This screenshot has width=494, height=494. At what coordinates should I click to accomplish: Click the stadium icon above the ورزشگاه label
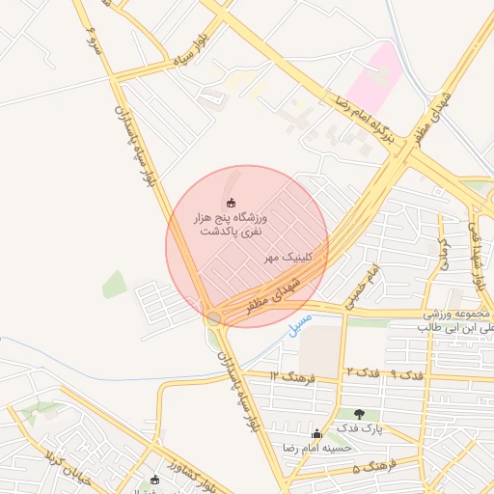pyautogui.click(x=231, y=203)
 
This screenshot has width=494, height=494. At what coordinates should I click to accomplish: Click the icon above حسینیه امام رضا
pyautogui.click(x=318, y=433)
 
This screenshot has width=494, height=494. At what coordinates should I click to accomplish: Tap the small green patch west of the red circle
pyautogui.click(x=114, y=285)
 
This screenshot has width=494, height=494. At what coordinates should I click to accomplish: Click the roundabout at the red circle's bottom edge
pyautogui.click(x=214, y=316)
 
